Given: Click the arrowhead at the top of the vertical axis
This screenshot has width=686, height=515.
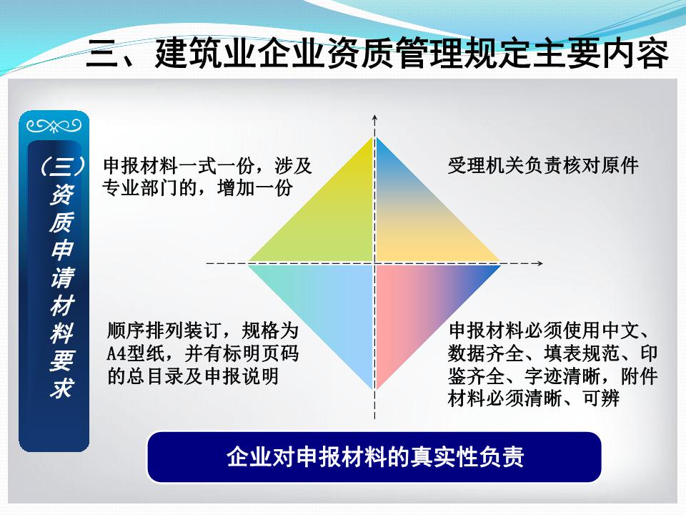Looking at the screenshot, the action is [x=374, y=118].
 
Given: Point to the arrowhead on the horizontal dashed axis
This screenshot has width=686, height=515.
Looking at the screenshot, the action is [x=540, y=263].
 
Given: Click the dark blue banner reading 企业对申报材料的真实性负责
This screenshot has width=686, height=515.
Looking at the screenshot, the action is [x=374, y=457].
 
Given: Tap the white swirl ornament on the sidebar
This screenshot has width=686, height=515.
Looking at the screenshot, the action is [x=54, y=126].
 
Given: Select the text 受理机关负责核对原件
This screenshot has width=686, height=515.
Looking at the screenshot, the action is [x=543, y=165].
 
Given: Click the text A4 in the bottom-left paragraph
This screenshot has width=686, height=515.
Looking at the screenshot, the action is [x=116, y=353].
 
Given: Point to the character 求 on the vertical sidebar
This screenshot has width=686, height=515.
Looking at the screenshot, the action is [x=61, y=387].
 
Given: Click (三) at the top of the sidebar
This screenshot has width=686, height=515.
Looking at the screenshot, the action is [x=61, y=166].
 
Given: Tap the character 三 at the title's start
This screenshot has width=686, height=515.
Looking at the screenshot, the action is [x=102, y=54].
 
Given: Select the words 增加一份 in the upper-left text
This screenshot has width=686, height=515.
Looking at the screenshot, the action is [x=255, y=188].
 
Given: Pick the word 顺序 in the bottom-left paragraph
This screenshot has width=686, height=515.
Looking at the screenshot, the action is [x=126, y=330].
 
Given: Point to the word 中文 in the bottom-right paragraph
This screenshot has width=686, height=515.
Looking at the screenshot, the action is [x=620, y=330].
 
